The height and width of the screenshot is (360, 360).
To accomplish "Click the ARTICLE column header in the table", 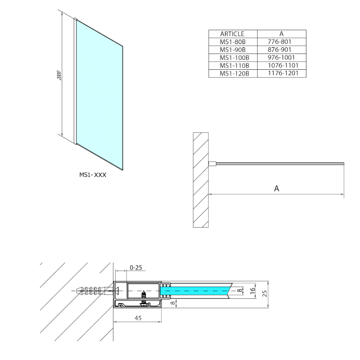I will click(232, 34).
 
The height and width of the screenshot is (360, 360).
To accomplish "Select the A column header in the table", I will click(281, 34).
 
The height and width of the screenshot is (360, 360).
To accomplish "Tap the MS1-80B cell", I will click(232, 42).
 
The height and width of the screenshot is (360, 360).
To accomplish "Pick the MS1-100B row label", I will click(232, 58).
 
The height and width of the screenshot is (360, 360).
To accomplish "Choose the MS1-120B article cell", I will click(232, 73).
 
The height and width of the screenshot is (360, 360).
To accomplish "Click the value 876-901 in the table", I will click(281, 49).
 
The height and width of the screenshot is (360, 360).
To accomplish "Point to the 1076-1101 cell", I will click(281, 65).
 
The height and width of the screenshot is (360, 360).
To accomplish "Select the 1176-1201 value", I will click(281, 73).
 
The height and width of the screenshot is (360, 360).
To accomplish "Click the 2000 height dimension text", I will click(59, 76).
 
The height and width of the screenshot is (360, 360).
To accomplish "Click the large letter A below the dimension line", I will click(277, 189).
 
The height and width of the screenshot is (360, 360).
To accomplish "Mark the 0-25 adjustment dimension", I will click(135, 268).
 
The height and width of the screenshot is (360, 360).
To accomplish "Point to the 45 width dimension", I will click(138, 318).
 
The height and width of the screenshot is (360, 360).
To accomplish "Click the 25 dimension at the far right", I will click(265, 293).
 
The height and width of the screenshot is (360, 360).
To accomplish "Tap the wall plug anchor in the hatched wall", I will click(92, 291).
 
